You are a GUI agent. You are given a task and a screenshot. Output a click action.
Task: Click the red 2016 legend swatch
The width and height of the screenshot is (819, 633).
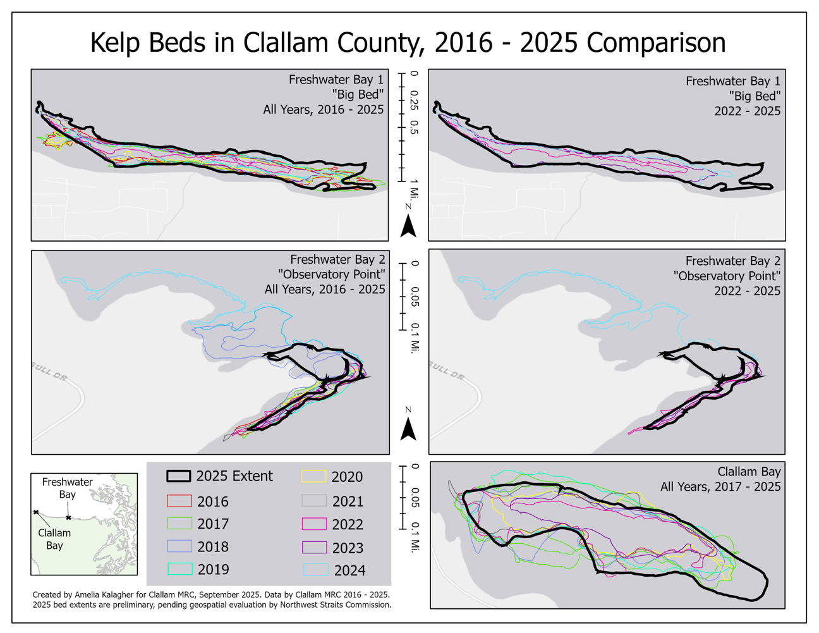[x=179, y=501]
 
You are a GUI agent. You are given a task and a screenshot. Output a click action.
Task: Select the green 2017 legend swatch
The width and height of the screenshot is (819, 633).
[x=179, y=524]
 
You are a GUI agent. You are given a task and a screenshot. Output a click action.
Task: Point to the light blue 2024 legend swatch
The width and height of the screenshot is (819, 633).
[x=315, y=570]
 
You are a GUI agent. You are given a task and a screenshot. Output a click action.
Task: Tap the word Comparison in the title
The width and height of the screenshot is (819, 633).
[x=656, y=43]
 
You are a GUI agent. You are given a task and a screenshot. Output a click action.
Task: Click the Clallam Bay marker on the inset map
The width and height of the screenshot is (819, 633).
[x=36, y=512]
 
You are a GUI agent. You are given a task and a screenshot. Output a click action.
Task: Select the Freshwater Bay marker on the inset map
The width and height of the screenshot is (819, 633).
[x=68, y=517]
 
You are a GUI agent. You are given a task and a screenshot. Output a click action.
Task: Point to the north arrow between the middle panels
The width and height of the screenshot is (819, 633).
[x=409, y=431]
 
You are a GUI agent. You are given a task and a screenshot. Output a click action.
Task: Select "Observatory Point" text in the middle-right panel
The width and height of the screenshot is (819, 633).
[x=727, y=276]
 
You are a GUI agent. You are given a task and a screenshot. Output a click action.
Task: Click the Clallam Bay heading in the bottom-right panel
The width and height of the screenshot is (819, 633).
[x=749, y=472]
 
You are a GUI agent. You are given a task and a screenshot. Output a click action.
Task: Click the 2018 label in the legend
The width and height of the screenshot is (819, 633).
[x=213, y=547]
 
